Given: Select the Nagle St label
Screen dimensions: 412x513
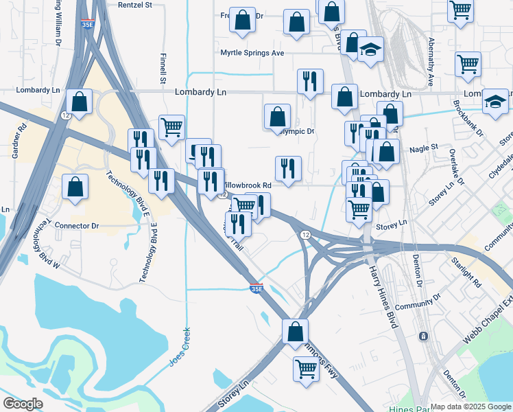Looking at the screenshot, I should click(x=423, y=148).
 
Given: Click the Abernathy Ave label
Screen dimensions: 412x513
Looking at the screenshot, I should click(x=431, y=62).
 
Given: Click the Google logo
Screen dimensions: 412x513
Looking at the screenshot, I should click(x=23, y=404).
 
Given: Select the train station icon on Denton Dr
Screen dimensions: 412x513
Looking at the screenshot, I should click(x=423, y=336).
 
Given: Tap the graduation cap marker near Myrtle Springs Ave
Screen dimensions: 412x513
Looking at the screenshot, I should click(x=370, y=50).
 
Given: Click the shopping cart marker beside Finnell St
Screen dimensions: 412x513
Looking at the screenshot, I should click(x=171, y=126).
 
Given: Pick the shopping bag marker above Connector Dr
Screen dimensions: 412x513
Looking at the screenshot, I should click(x=74, y=187).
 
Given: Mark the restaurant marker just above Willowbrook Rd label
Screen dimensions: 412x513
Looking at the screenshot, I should click(x=288, y=168).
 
